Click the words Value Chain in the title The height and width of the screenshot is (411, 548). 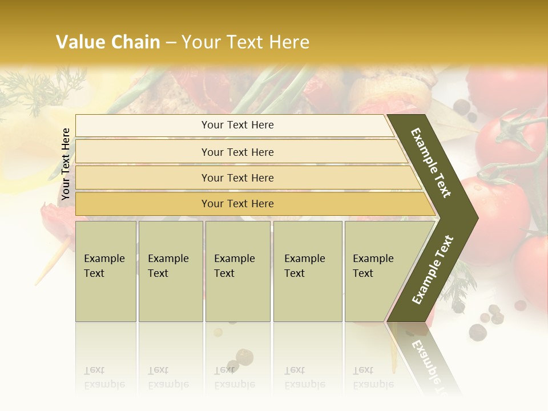108,42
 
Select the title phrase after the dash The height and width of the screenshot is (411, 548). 245,42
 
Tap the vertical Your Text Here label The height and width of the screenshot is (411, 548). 66,164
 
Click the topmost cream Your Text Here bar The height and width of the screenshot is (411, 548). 237,125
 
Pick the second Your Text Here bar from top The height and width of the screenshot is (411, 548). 237,152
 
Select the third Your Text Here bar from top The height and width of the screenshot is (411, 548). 237,178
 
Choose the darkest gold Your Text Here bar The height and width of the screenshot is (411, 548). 237,204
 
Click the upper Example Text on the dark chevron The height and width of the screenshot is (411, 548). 431,163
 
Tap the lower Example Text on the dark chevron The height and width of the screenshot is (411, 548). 433,269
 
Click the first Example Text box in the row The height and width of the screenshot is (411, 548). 106,271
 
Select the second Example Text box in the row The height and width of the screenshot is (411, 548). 170,271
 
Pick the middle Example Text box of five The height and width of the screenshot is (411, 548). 237,271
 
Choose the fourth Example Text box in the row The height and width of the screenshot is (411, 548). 307,271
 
